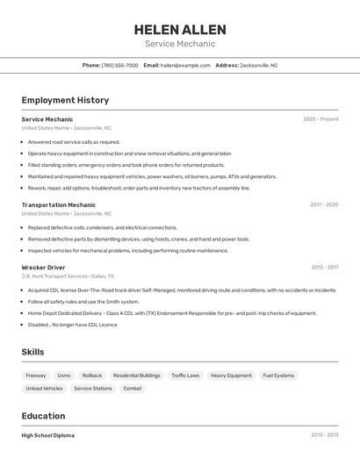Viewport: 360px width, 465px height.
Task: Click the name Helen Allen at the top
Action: tap(180, 29)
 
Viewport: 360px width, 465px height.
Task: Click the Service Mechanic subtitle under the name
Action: tap(180, 44)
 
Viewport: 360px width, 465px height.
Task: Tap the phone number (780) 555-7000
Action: tap(119, 65)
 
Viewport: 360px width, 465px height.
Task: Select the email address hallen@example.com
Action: tap(183, 65)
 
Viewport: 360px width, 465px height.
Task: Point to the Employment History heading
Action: tap(65, 100)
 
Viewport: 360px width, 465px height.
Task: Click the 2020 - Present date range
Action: tap(320, 118)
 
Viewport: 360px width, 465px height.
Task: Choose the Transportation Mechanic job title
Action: tap(59, 204)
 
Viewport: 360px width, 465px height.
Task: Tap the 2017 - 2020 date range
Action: tap(324, 204)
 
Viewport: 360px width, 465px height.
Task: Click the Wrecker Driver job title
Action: tap(43, 267)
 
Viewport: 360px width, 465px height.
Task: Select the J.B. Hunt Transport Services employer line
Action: tap(68, 275)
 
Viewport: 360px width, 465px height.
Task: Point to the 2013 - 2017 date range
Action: tap(324, 267)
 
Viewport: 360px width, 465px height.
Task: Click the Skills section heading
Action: tap(33, 352)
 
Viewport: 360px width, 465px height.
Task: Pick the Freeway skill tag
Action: tap(36, 376)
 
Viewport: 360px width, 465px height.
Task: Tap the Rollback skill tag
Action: tap(92, 376)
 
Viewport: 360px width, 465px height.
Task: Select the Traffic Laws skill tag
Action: tap(185, 376)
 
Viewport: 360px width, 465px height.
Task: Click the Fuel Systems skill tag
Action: tap(278, 376)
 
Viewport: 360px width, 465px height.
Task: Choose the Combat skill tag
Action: tap(132, 388)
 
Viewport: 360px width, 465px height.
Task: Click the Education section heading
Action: tap(43, 416)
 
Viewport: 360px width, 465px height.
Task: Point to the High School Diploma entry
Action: tap(48, 435)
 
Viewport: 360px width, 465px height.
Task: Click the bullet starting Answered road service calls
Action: tap(74, 141)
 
